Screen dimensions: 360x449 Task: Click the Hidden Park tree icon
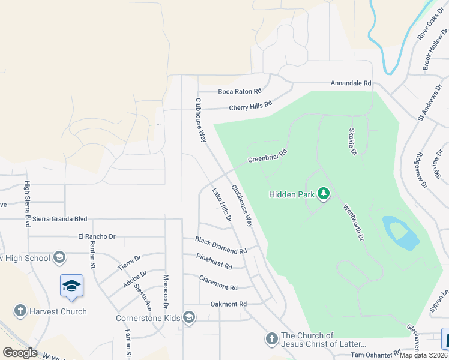pos(324,194)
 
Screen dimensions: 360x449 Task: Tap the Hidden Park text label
pos(291,194)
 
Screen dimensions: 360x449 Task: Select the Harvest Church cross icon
pos(20,311)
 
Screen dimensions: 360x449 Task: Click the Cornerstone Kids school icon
pos(189,317)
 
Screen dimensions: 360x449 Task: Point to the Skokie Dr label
pos(354,142)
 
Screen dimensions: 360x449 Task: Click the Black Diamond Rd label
pos(221,245)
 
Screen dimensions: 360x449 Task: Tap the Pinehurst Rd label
pos(214,261)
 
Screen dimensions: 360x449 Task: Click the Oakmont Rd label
pos(229,304)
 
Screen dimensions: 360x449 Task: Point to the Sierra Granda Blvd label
pos(60,219)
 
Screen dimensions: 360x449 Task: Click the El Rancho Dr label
pos(97,237)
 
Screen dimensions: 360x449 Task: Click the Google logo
pos(20,353)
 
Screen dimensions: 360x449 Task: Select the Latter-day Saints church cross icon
pos(271,339)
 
